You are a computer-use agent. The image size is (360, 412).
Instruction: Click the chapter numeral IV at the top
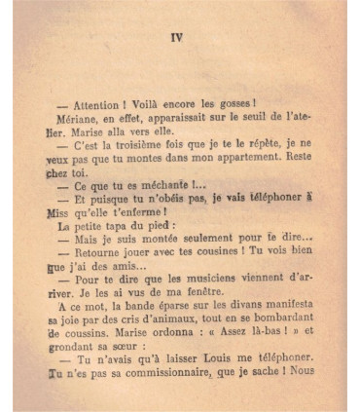tap(176, 38)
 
